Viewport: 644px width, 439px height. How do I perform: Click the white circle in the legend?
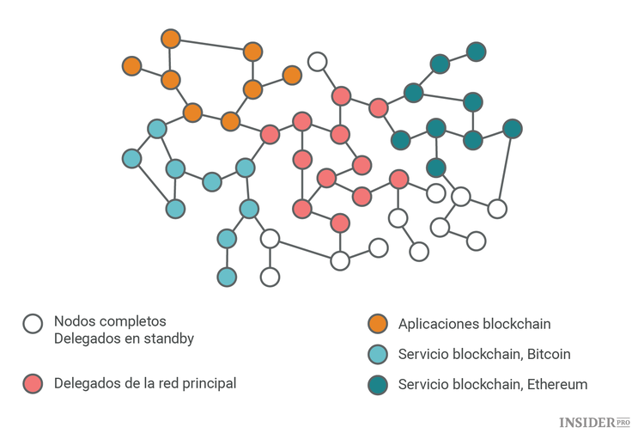(x=33, y=324)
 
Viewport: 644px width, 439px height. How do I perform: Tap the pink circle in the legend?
(x=33, y=383)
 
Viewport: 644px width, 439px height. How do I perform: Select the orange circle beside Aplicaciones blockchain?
(x=377, y=324)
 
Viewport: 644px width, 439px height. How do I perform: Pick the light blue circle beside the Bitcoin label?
(x=377, y=354)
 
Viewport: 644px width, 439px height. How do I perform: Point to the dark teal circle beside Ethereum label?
(x=377, y=383)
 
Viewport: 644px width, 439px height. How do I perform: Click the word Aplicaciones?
(x=438, y=324)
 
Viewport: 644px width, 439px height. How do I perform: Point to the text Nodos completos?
(x=110, y=321)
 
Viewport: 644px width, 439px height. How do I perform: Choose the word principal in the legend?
(x=206, y=383)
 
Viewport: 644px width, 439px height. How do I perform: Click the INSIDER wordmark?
(x=587, y=422)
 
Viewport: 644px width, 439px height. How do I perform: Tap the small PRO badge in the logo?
(x=624, y=421)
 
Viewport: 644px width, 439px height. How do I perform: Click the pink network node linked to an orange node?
(x=270, y=134)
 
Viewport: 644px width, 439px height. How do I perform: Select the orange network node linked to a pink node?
(x=230, y=121)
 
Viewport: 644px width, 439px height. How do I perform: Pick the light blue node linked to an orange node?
(x=156, y=129)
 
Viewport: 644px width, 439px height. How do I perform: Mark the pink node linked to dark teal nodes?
(x=378, y=108)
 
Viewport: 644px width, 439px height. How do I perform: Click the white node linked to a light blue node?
(x=270, y=238)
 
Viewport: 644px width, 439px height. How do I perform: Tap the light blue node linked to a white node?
(x=249, y=208)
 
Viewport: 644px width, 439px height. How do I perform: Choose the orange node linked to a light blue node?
(x=192, y=113)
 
